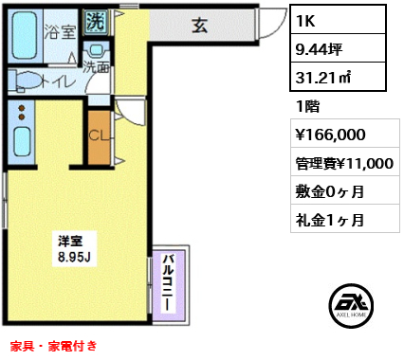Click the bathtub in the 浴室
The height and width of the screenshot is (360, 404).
pyautogui.click(x=25, y=35)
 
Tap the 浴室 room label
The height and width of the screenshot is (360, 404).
pyautogui.click(x=60, y=31)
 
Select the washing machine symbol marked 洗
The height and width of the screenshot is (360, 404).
pyautogui.click(x=96, y=22)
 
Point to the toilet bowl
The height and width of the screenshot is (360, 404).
pyautogui.click(x=26, y=81)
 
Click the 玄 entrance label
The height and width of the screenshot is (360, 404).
pyautogui.click(x=200, y=26)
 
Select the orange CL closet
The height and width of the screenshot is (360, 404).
pyautogui.click(x=99, y=137)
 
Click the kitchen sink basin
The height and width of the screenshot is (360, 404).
pyautogui.click(x=22, y=142)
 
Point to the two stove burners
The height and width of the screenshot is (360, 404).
pyautogui.click(x=22, y=113)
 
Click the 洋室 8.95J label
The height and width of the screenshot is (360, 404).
pyautogui.click(x=75, y=249)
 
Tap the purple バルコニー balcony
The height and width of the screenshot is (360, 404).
pyautogui.click(x=169, y=283)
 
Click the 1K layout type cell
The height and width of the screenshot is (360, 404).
pyautogui.click(x=338, y=20)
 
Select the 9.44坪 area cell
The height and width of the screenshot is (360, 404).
pyautogui.click(x=338, y=48)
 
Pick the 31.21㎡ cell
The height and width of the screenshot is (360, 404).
pyautogui.click(x=338, y=77)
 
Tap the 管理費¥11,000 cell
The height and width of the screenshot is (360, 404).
pyautogui.click(x=345, y=162)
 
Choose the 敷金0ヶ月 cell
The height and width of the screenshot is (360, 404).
pyautogui.click(x=345, y=190)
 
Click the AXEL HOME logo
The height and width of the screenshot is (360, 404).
pyautogui.click(x=351, y=306)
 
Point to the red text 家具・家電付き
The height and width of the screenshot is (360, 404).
pyautogui.click(x=54, y=346)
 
